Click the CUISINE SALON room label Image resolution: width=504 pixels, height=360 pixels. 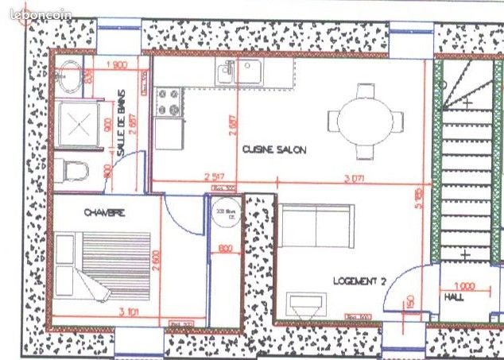(x=273, y=149)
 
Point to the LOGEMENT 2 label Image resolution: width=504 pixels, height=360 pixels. (x=359, y=281)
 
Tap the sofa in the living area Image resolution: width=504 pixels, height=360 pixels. (x=316, y=226)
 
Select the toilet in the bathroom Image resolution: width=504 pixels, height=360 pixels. (x=73, y=170)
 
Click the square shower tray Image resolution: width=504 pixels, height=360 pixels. (x=77, y=124)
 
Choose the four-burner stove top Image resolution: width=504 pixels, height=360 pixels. (x=168, y=102)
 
